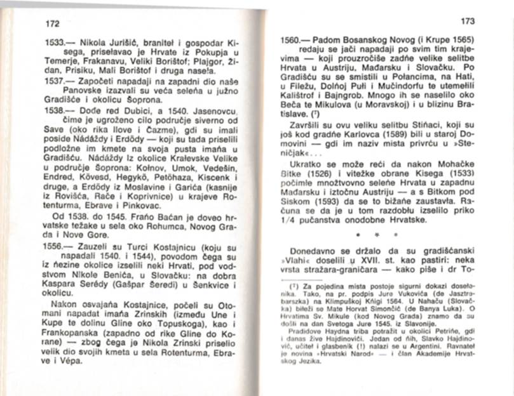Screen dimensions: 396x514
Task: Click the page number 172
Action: click(52, 24)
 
